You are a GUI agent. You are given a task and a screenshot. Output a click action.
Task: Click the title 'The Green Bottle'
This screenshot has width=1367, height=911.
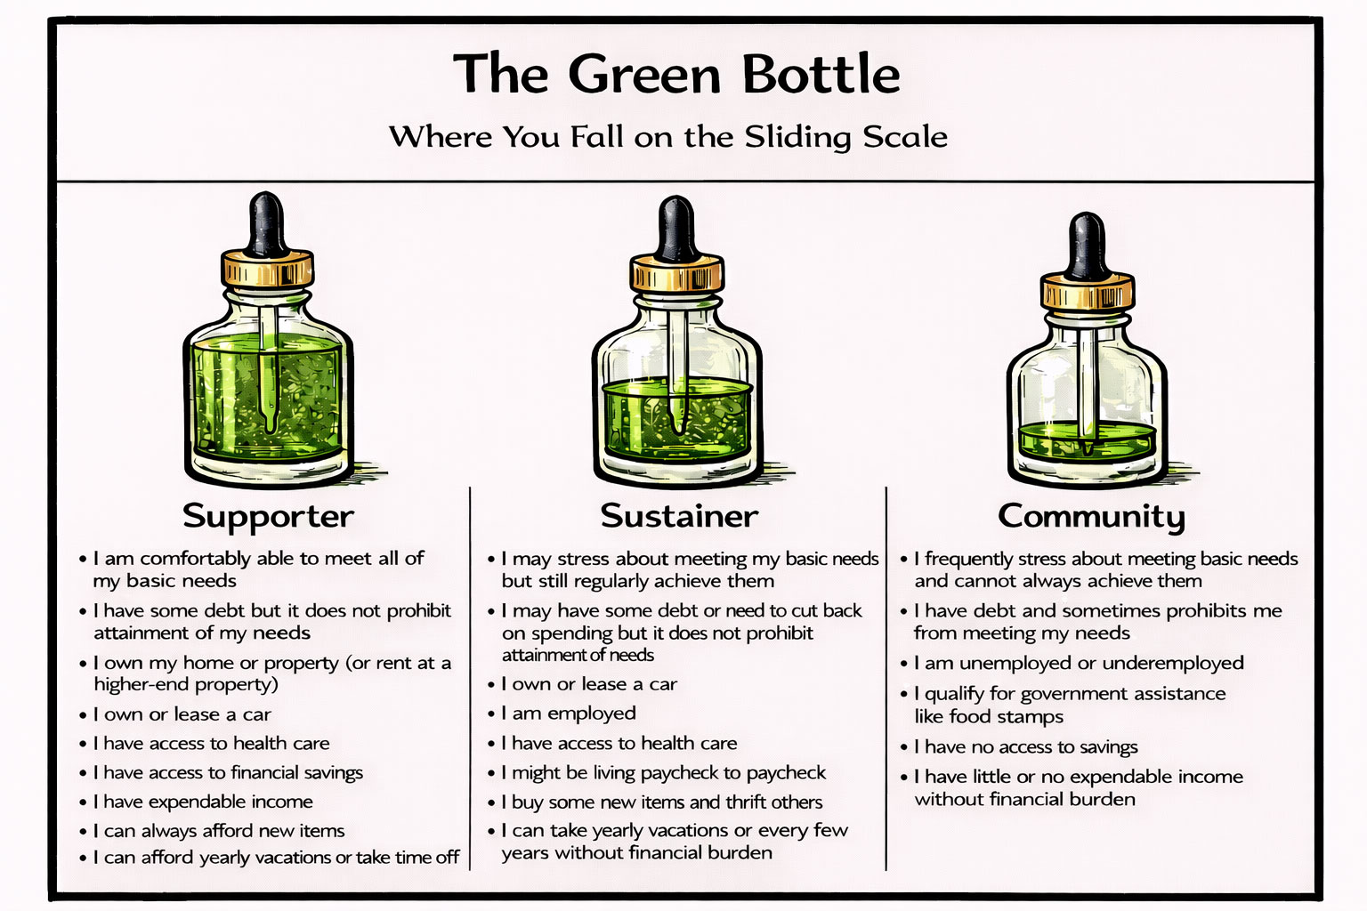pyautogui.click(x=676, y=74)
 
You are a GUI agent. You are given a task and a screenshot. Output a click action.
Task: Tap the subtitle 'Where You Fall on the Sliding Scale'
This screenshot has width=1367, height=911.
pyautogui.click(x=667, y=137)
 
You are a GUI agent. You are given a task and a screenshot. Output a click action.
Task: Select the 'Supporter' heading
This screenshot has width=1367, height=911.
pyautogui.click(x=268, y=516)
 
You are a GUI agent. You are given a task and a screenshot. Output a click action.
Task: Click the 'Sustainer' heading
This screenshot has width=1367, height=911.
pyautogui.click(x=679, y=516)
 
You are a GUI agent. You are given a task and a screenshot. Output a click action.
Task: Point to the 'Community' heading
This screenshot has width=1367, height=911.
pyautogui.click(x=1091, y=516)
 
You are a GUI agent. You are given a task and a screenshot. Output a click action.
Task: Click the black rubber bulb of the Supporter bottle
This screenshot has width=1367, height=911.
pyautogui.click(x=267, y=222)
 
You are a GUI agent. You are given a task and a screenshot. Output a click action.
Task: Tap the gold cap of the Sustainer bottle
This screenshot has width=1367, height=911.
pyautogui.click(x=676, y=274)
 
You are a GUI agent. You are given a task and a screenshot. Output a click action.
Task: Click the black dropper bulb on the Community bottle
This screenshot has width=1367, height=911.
pyautogui.click(x=1087, y=245)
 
